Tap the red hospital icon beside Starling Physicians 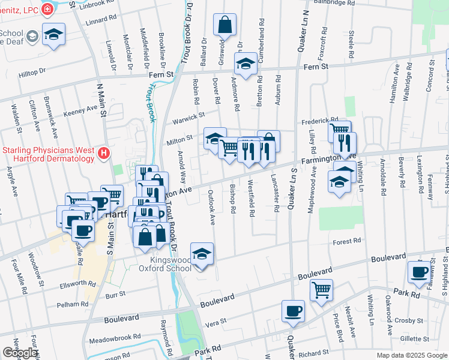coord(104,154)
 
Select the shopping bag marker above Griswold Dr coord(224,25)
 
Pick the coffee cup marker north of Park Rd coord(418,272)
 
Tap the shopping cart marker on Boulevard coord(321,290)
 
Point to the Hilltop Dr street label coord(32,71)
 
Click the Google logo coord(20,353)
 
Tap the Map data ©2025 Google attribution coord(412,355)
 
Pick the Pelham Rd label coord(73,305)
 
